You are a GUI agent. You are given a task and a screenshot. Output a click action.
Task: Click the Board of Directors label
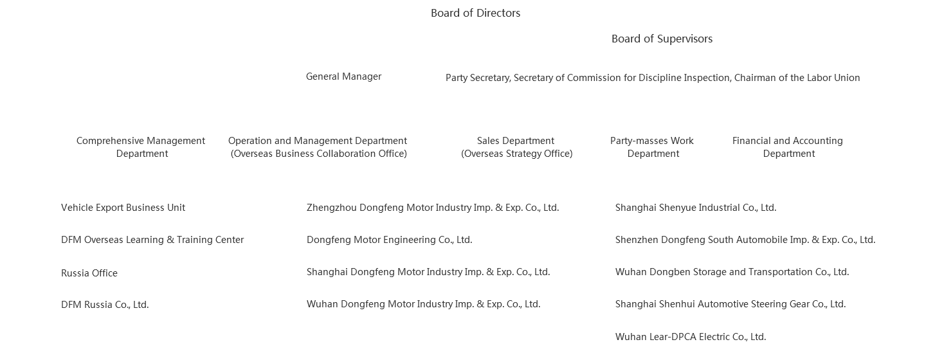(475, 13)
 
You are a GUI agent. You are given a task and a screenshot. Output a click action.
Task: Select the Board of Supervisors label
(662, 39)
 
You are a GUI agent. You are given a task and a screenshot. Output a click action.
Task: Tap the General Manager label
(343, 76)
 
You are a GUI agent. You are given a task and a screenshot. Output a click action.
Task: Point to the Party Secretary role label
(652, 78)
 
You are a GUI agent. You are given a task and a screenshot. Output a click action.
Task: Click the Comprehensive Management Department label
(141, 147)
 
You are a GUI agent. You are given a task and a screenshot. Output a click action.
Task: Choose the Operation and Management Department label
(318, 147)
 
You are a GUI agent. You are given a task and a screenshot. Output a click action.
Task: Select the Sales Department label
(516, 147)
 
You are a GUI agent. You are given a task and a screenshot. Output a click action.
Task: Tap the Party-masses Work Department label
(652, 147)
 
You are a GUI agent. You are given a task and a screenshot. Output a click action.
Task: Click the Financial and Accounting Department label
(788, 147)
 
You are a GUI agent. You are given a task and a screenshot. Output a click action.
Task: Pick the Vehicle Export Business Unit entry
(123, 208)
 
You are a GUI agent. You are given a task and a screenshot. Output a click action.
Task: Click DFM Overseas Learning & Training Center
(152, 240)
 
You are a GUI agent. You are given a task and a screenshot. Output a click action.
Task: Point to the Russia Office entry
(89, 273)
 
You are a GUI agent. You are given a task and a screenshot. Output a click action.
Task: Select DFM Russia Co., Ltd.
(105, 305)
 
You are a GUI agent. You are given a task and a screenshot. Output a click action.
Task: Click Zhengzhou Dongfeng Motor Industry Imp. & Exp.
(432, 208)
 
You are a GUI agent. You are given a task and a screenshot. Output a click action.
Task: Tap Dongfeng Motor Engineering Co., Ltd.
(389, 240)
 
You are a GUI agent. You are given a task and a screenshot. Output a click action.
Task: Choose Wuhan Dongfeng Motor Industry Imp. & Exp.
(423, 304)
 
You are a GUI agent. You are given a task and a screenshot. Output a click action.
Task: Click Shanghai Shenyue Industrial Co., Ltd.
(695, 208)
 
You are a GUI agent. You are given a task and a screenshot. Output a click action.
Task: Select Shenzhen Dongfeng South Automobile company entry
(745, 240)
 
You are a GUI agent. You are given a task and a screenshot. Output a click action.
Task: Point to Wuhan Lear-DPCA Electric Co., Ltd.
(690, 337)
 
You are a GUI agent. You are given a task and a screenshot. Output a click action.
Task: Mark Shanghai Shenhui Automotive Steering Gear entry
(730, 304)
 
